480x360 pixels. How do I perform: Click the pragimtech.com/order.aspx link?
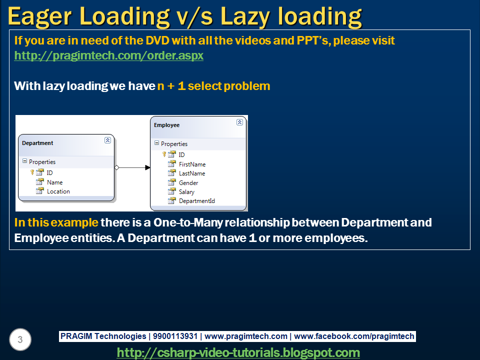pyautogui.click(x=108, y=55)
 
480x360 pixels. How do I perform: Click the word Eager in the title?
pyautogui.click(x=39, y=16)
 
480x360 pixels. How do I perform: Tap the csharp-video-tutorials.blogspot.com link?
pyautogui.click(x=238, y=352)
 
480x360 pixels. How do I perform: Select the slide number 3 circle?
pyautogui.click(x=20, y=339)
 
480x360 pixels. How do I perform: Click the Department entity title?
pyautogui.click(x=37, y=143)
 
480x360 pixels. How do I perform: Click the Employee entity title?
pyautogui.click(x=166, y=125)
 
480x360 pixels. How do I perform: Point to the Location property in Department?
pyautogui.click(x=58, y=191)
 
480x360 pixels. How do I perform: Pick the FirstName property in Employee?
pyautogui.click(x=192, y=164)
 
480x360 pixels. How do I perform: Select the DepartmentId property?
pyautogui.click(x=197, y=201)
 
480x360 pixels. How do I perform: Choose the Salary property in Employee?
pyautogui.click(x=186, y=192)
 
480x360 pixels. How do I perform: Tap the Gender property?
pyautogui.click(x=188, y=183)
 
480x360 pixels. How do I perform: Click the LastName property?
pyautogui.click(x=192, y=173)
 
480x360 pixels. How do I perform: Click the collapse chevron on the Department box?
pyautogui.click(x=107, y=140)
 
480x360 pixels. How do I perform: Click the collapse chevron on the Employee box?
pyautogui.click(x=239, y=122)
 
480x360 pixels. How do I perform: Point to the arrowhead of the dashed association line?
pyautogui.click(x=147, y=167)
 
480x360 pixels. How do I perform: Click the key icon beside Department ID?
pyautogui.click(x=32, y=172)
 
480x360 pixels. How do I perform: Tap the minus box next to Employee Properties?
pyautogui.click(x=156, y=143)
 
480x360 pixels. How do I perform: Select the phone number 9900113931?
pyautogui.click(x=175, y=336)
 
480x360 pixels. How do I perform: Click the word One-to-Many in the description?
pyautogui.click(x=188, y=222)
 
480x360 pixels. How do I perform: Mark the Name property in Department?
pyautogui.click(x=55, y=182)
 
